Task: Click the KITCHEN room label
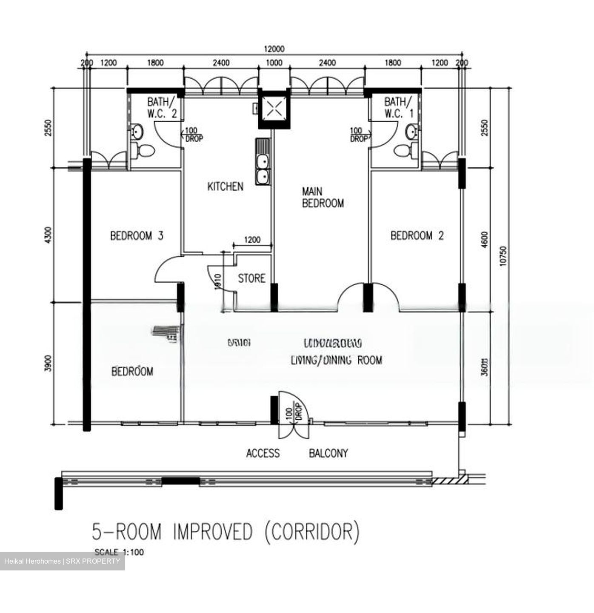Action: pos(225,186)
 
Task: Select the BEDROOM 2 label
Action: pos(417,235)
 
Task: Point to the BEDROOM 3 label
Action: pos(137,235)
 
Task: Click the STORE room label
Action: pos(251,278)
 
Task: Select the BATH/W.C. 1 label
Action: pos(398,108)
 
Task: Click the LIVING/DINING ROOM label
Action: pos(336,360)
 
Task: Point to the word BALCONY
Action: pos(328,453)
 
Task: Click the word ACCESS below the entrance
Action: pos(263,453)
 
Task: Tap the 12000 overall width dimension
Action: pos(274,49)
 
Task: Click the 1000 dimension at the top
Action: pos(274,63)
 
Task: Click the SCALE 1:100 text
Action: pos(119,552)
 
